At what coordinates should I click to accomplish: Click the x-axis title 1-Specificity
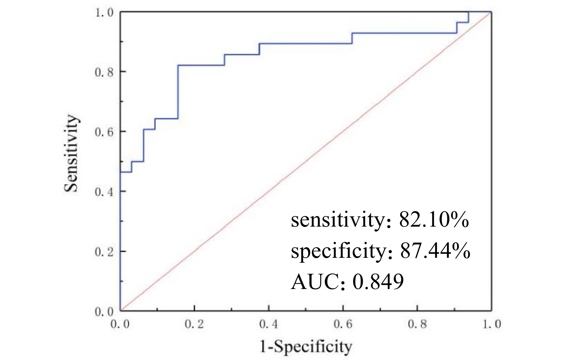[306, 347]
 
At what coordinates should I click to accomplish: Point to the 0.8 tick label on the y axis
[104, 72]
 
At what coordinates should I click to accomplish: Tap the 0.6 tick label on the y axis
[104, 132]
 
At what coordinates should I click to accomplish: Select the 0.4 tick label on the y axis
[104, 191]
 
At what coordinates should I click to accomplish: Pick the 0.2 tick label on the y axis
[104, 252]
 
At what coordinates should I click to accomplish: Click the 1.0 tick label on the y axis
[104, 13]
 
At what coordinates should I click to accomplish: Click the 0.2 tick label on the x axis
[194, 324]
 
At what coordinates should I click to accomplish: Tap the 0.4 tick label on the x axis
[269, 324]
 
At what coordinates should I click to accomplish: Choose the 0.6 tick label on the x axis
[343, 324]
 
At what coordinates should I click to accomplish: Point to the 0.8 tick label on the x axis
[418, 324]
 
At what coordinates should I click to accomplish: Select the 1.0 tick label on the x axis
[492, 324]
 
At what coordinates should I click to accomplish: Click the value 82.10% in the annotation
[434, 220]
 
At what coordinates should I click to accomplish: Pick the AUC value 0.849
[378, 281]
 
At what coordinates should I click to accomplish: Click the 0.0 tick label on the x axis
[120, 324]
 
